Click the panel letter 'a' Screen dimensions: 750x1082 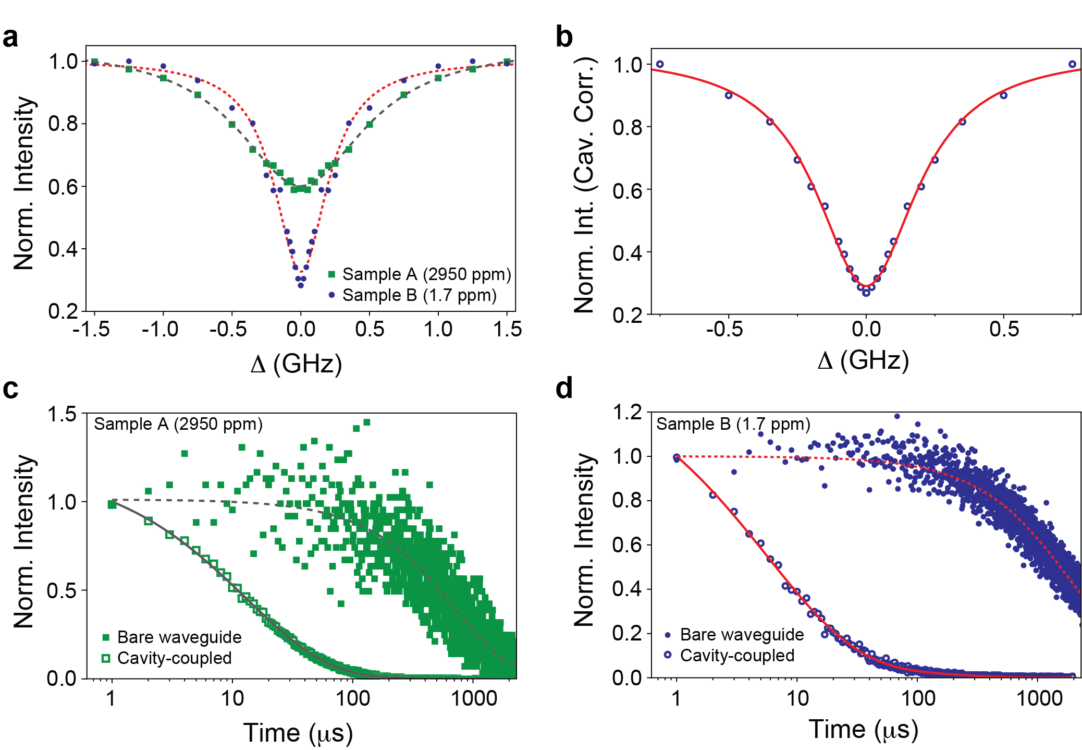pos(10,38)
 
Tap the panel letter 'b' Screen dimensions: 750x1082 pos(564,38)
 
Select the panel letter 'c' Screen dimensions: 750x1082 pos(10,389)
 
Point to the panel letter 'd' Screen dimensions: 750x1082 pos(564,389)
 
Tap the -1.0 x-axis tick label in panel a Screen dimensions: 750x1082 pos(160,330)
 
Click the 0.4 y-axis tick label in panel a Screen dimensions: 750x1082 pos(63,249)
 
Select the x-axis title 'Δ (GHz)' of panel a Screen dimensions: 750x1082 pos(296,364)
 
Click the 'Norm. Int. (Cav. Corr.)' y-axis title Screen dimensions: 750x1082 pos(584,185)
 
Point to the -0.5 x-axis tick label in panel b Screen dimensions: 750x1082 pos(724,330)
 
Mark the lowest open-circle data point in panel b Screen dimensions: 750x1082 pos(866,293)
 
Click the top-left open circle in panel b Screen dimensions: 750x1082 pos(660,64)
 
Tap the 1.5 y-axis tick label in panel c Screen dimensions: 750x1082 pos(62,415)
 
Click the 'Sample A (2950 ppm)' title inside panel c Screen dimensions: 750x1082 pos(178,424)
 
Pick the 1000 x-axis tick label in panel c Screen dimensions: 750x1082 pos(473,698)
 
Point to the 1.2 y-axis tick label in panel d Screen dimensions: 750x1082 pos(628,413)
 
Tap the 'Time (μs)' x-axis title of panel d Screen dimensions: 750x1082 pos(863,729)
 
